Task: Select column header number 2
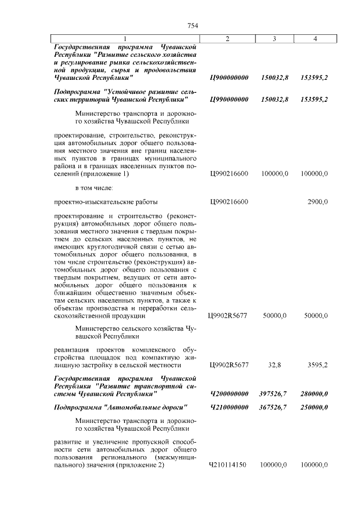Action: point(227,38)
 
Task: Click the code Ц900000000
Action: point(228,78)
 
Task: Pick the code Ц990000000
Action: point(228,99)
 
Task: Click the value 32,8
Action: point(274,365)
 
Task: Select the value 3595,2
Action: point(315,365)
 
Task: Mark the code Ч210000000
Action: point(228,407)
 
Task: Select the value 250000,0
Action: point(314,407)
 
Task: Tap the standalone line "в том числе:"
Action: point(94,187)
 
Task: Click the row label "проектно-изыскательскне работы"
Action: point(106,201)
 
